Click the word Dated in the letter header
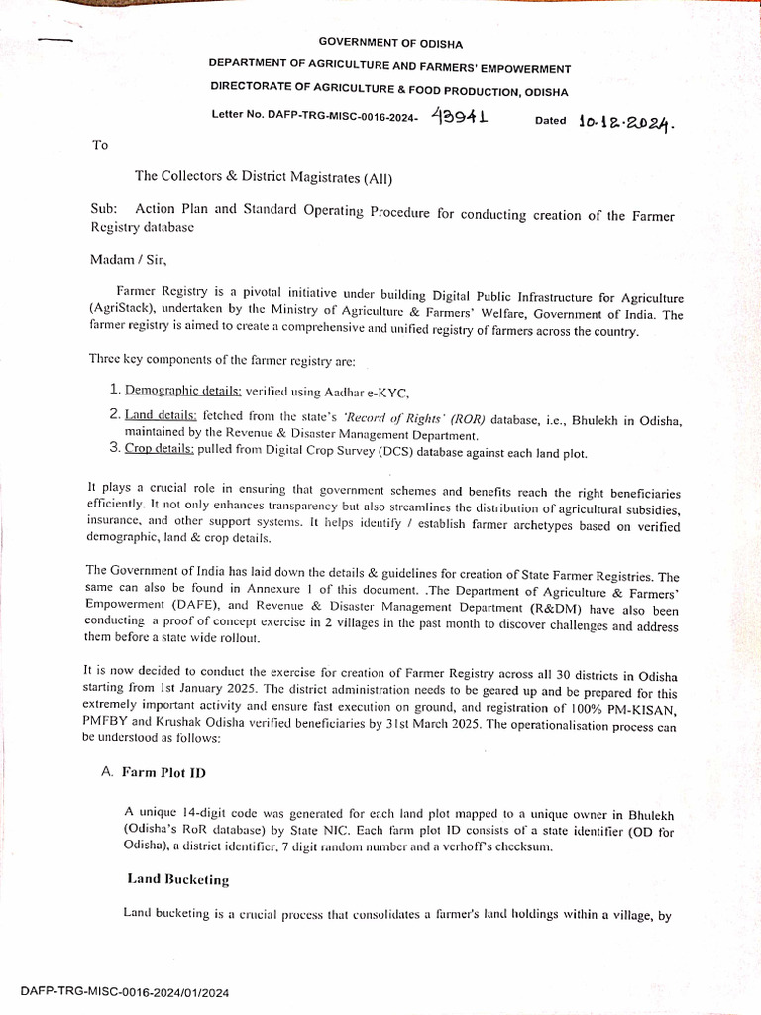(x=551, y=121)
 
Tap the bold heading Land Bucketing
(x=178, y=878)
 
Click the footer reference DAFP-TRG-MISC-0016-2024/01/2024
(x=124, y=992)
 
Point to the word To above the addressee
(x=99, y=145)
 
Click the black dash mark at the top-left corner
(x=55, y=39)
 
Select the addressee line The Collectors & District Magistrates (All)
(x=264, y=178)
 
